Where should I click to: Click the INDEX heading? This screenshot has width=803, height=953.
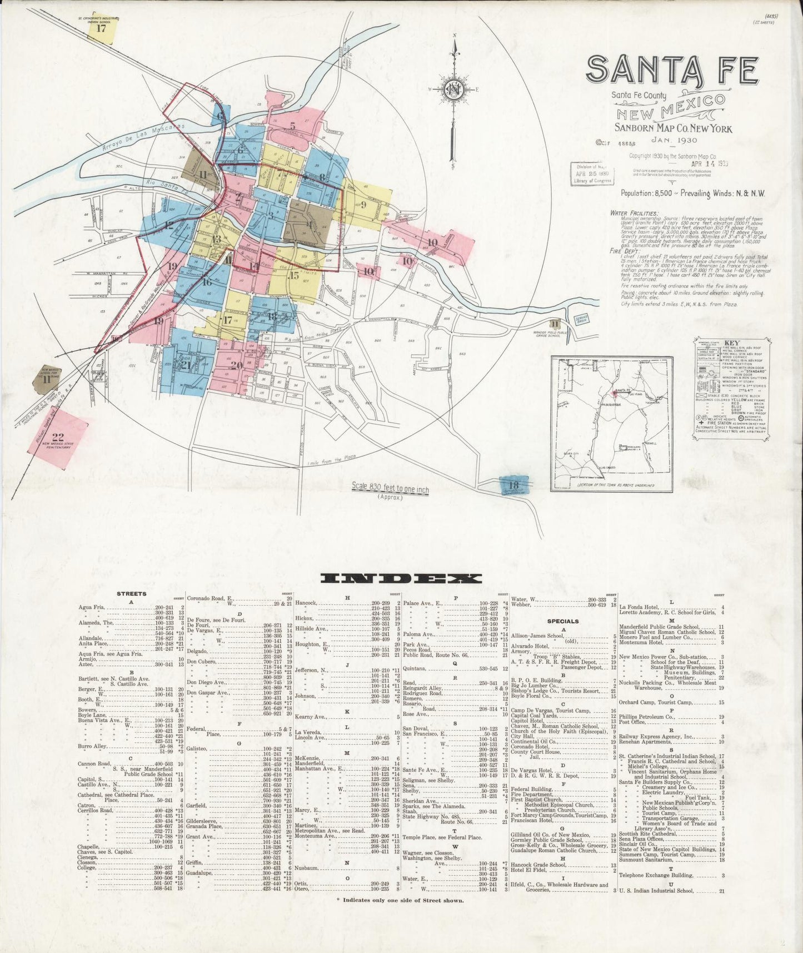click(x=401, y=578)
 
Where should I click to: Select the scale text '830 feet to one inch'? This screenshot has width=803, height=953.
click(x=390, y=488)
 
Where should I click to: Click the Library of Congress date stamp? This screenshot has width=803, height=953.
click(x=592, y=173)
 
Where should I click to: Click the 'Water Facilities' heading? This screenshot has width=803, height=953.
click(x=634, y=213)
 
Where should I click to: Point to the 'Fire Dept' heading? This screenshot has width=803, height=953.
click(x=625, y=251)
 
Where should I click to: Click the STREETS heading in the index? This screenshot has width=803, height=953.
click(x=131, y=594)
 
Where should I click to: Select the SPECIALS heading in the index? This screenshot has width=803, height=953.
click(x=563, y=621)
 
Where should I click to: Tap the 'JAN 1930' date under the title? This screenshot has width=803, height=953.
click(x=675, y=140)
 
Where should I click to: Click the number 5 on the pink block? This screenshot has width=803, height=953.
click(x=292, y=126)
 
